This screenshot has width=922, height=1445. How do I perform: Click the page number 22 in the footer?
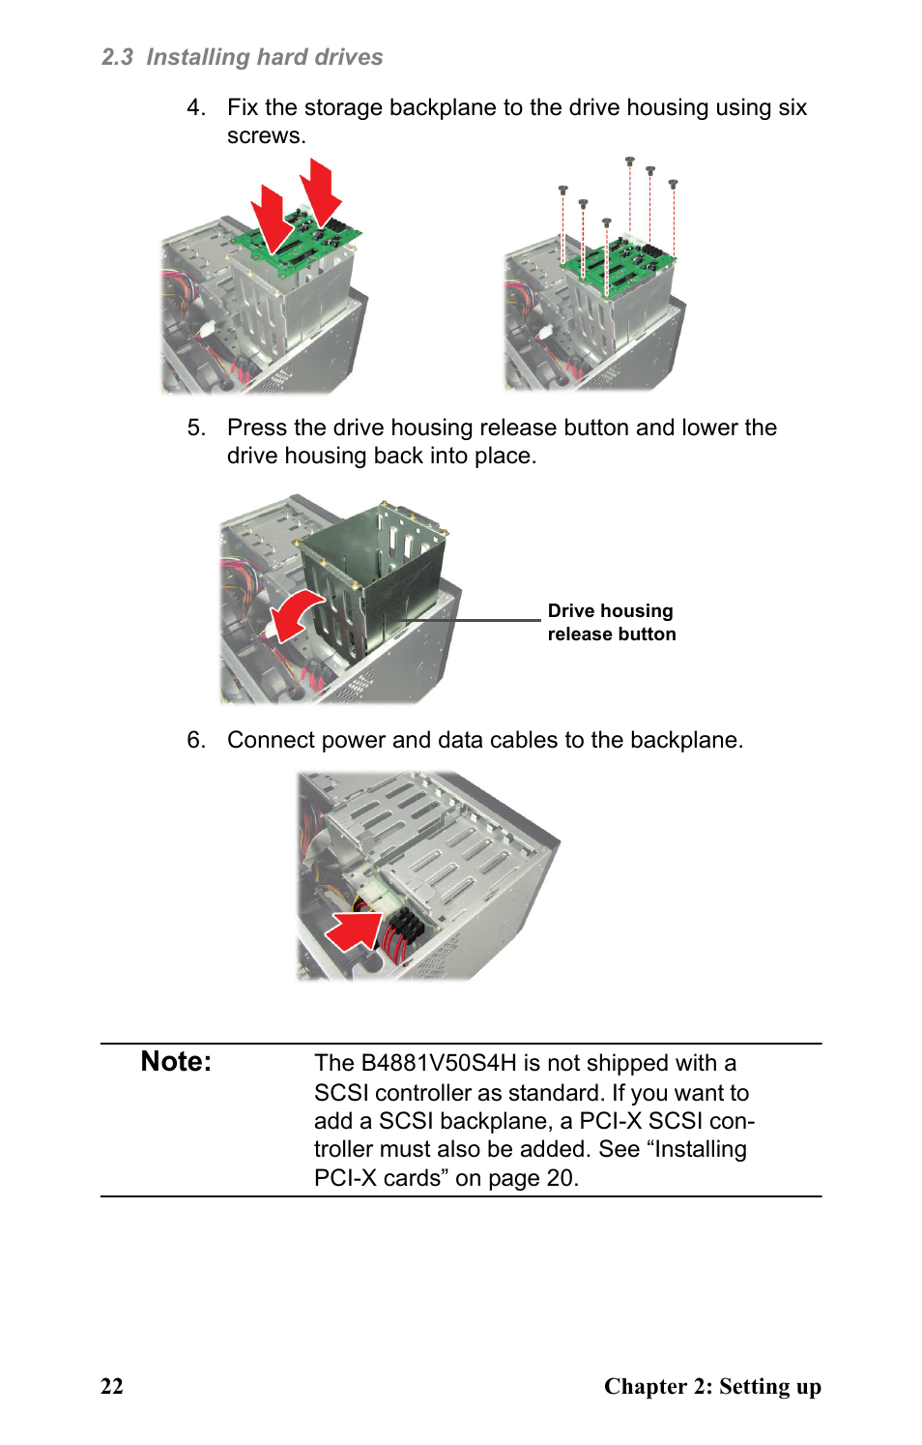(112, 1386)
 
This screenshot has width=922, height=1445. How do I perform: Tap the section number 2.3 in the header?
(117, 58)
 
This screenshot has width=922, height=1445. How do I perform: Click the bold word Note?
(176, 1062)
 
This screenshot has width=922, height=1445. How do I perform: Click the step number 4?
(195, 107)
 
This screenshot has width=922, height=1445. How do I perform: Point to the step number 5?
(195, 428)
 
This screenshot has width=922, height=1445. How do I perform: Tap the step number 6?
(195, 740)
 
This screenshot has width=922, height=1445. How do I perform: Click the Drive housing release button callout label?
(611, 623)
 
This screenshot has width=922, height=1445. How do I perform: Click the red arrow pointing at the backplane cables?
(355, 930)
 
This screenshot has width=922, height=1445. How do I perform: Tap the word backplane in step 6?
(683, 740)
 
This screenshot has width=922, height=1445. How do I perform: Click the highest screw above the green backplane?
(629, 162)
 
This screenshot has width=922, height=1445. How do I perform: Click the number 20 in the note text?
(560, 1178)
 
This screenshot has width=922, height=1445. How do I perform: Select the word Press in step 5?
(257, 428)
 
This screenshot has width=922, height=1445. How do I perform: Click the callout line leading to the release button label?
(474, 620)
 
